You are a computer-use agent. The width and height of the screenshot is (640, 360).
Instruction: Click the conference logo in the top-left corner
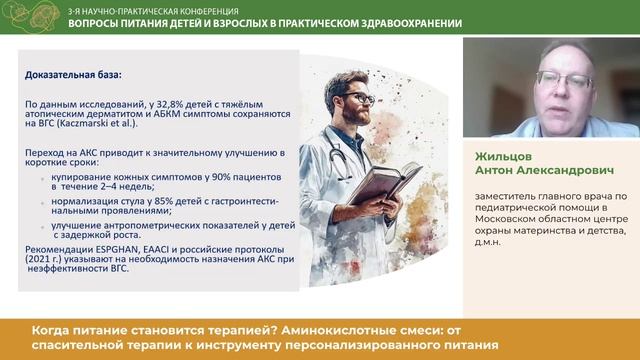32,16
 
